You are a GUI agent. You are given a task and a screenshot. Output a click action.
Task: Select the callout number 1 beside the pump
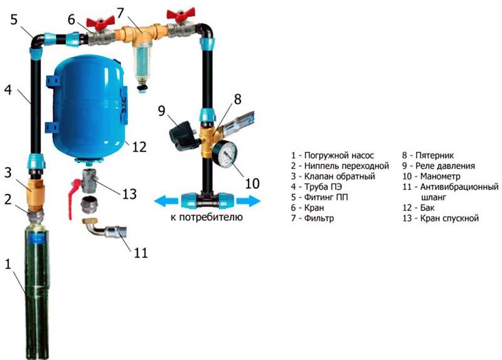pos(8,264)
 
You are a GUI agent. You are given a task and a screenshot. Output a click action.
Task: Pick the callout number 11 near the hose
pos(141,253)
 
